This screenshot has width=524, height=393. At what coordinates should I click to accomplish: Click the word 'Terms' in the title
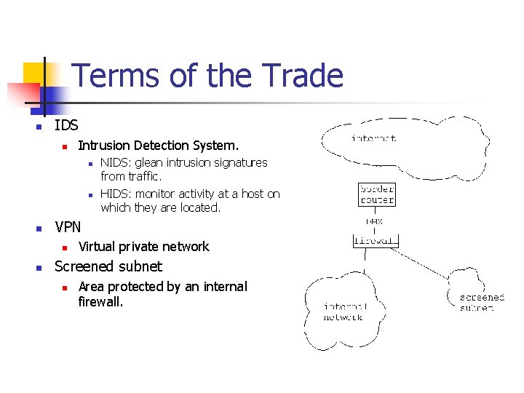(x=111, y=75)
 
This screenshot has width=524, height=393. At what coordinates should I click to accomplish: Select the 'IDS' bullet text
(x=66, y=125)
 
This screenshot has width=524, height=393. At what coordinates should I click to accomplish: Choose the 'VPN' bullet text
(x=68, y=227)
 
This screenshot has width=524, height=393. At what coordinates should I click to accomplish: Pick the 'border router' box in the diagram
(x=377, y=194)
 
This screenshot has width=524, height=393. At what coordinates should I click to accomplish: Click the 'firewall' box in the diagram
(x=376, y=240)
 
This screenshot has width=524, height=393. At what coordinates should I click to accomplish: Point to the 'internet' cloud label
(x=374, y=138)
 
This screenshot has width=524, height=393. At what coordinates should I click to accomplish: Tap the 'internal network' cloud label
(x=345, y=311)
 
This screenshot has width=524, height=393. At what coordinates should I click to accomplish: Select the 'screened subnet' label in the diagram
(x=482, y=303)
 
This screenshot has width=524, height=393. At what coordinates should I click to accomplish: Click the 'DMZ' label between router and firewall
(x=375, y=221)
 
